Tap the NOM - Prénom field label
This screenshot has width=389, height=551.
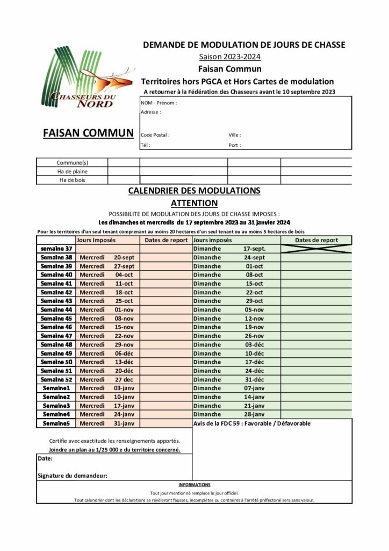pyautogui.click(x=159, y=103)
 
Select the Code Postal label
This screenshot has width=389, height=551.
pyautogui.click(x=155, y=135)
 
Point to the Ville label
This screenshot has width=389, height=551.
pyautogui.click(x=235, y=135)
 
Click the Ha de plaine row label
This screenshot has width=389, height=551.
pyautogui.click(x=72, y=171)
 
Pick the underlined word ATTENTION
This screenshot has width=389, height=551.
pyautogui.click(x=194, y=203)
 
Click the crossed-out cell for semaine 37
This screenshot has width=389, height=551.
pyautogui.click(x=316, y=249)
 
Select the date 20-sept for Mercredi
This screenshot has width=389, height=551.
pyautogui.click(x=124, y=257)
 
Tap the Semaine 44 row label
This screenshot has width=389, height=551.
pyautogui.click(x=56, y=309)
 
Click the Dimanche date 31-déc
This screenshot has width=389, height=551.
pyautogui.click(x=254, y=379)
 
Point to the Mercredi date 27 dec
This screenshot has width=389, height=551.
pyautogui.click(x=124, y=379)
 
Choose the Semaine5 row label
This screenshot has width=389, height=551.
pyautogui.click(x=56, y=423)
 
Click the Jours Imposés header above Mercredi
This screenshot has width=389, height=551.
pyautogui.click(x=96, y=240)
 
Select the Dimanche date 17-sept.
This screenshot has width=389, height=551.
pyautogui.click(x=254, y=249)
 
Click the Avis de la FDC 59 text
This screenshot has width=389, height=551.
pyautogui.click(x=251, y=423)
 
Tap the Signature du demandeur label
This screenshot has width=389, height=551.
pyautogui.click(x=73, y=475)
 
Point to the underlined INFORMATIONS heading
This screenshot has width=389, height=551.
pyautogui.click(x=194, y=485)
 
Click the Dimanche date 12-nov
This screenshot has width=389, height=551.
pyautogui.click(x=254, y=318)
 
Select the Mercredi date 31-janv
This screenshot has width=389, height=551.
pyautogui.click(x=124, y=423)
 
